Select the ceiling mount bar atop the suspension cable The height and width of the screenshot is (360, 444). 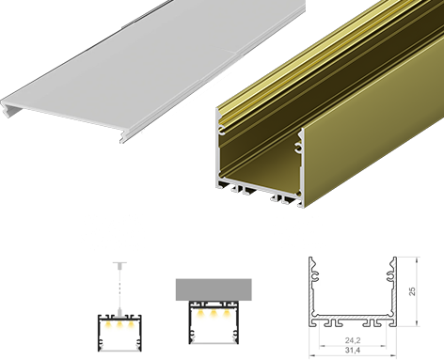(x=119, y=262)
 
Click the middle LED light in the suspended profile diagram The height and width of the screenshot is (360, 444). (x=119, y=322)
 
